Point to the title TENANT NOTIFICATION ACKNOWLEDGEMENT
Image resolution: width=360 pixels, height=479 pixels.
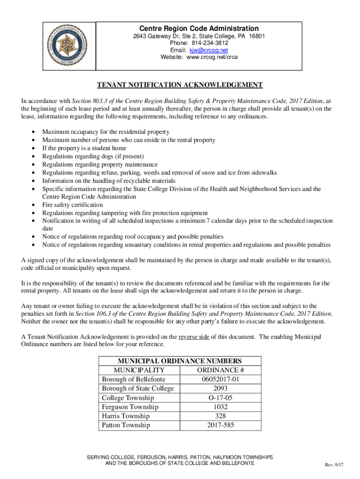click(x=180, y=85)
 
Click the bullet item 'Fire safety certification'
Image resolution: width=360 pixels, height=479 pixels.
click(x=72, y=205)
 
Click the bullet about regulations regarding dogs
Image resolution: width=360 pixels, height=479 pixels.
click(x=93, y=156)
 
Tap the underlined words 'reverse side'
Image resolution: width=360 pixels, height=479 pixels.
click(x=194, y=336)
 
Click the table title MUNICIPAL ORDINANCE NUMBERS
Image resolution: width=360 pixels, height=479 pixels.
click(x=180, y=361)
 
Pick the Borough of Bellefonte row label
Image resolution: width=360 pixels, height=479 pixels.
click(x=134, y=379)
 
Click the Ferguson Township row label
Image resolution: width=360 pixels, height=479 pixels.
click(x=130, y=407)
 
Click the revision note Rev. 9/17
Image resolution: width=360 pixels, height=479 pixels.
click(x=334, y=464)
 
